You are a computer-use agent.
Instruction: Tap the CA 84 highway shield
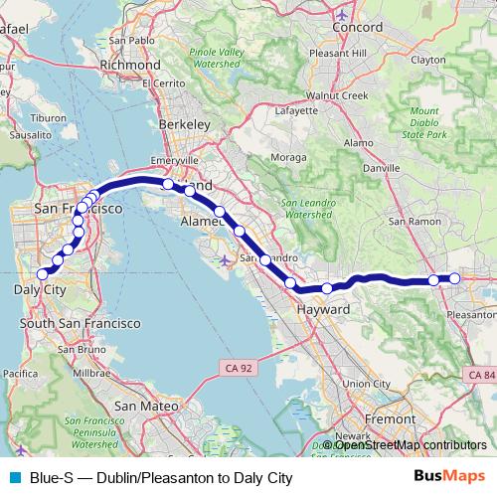(481, 374)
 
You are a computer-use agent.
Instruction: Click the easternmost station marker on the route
(454, 278)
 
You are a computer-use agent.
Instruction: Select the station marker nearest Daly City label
(43, 273)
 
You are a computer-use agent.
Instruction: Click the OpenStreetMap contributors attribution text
(407, 444)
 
